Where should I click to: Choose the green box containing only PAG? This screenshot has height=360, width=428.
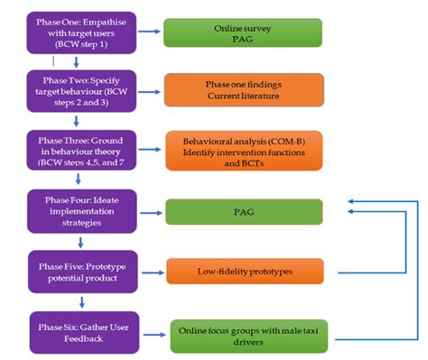[x=238, y=211]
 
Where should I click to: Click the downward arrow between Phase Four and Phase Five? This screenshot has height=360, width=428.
[x=79, y=242]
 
